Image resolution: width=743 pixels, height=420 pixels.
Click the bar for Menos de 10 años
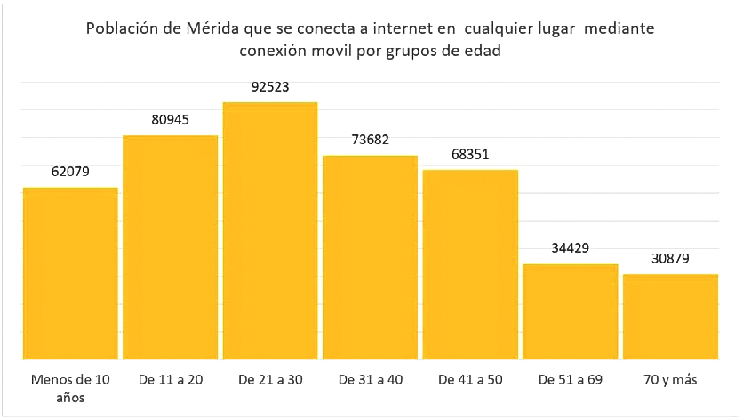[70, 273]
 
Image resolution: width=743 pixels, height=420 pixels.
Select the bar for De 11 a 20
[170, 247]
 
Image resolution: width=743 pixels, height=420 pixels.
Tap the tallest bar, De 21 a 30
[270, 230]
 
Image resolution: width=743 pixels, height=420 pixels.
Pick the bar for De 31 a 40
[370, 257]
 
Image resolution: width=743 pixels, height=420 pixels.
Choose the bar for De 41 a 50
[470, 264]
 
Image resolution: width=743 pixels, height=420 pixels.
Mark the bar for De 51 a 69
[570, 311]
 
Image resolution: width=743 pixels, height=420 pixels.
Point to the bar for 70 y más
[670, 317]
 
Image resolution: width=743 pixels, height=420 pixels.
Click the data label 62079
[70, 172]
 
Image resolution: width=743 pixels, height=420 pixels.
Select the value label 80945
[170, 119]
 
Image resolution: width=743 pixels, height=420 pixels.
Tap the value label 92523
[270, 87]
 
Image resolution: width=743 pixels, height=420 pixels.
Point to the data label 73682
[370, 140]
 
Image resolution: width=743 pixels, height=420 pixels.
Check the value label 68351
[470, 154]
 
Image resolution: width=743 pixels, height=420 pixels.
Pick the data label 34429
[570, 248]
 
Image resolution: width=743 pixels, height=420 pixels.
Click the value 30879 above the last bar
[670, 259]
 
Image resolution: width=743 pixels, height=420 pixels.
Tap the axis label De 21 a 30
[270, 380]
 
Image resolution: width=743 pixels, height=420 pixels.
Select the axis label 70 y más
[670, 380]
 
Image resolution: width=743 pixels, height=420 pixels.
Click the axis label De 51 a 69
[570, 380]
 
